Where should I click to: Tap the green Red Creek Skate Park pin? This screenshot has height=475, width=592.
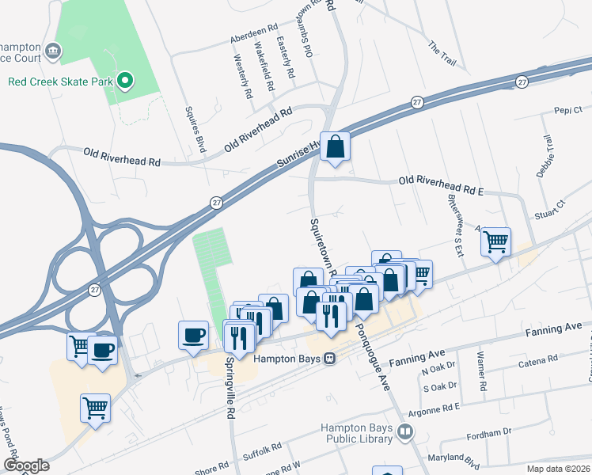point(124,80)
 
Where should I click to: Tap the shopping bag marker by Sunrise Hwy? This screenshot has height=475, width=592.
point(335,146)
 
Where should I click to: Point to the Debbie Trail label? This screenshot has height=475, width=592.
point(544,155)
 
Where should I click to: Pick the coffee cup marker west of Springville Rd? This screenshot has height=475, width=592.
point(194,335)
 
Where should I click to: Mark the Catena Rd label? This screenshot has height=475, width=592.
point(538,362)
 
